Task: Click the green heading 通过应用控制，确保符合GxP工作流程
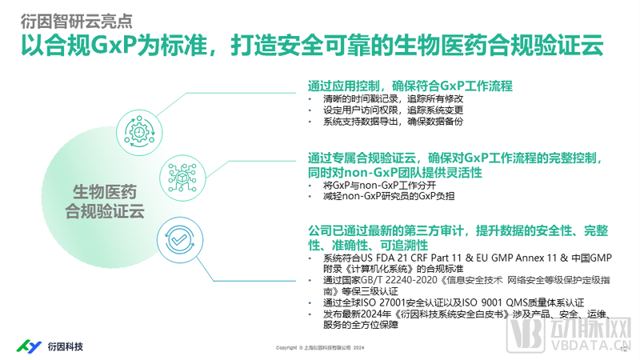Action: [410, 86]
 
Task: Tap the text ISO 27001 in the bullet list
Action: [379, 304]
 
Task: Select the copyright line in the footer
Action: [320, 348]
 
